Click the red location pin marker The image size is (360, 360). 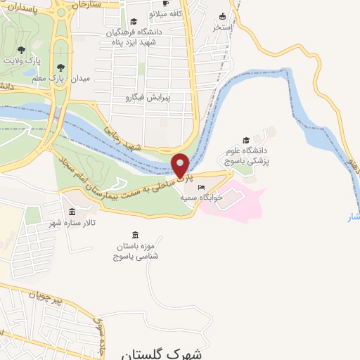coord(181,166)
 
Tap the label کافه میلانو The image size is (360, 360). coord(166,13)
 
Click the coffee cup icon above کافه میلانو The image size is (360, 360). coord(166,4)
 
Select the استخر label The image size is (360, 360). coord(223,27)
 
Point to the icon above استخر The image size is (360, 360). coord(223,16)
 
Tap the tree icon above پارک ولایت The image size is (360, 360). coord(21,49)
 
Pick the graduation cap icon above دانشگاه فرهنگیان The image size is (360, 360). coord(134,22)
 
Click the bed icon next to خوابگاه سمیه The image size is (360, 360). coord(202,188)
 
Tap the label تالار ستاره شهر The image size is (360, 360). coord(74,223)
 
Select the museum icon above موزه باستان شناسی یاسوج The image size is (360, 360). coord(135,234)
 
